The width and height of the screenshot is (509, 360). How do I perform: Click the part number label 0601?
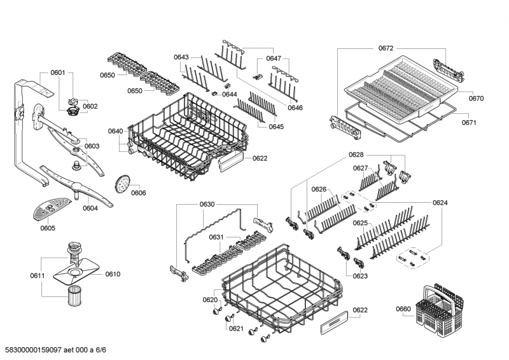point(58,73)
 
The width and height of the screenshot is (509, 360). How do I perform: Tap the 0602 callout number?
point(90,106)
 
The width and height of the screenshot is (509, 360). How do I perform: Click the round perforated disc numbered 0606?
point(121,185)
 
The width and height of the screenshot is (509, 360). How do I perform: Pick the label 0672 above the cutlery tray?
point(386,48)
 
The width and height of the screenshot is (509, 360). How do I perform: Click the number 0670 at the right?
point(476,99)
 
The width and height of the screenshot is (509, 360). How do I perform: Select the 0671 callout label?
point(470,123)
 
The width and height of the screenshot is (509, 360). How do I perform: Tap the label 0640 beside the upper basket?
point(115,131)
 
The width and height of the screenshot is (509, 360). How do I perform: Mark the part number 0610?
point(113,274)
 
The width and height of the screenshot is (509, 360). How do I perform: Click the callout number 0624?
point(440,203)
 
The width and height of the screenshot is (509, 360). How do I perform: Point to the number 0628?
point(356,155)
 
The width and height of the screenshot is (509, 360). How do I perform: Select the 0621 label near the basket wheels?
point(235,328)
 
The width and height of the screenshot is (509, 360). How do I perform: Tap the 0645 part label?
point(275,127)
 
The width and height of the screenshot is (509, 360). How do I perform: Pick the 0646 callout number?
point(295,107)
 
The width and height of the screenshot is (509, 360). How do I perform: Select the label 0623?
point(360,276)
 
